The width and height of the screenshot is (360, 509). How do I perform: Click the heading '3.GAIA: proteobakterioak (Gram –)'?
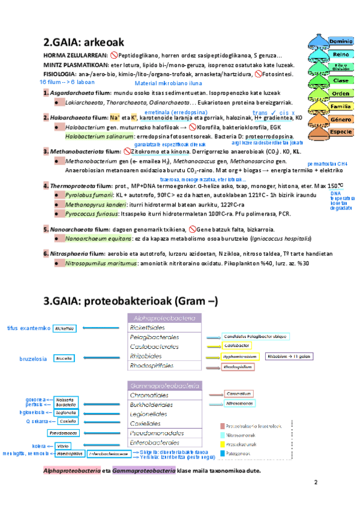(x=130, y=300)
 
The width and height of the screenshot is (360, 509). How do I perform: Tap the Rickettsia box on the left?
(x=64, y=328)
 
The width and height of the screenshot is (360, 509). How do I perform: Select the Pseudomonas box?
(x=63, y=432)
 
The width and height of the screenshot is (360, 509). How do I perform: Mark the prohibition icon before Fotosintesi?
(x=259, y=74)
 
